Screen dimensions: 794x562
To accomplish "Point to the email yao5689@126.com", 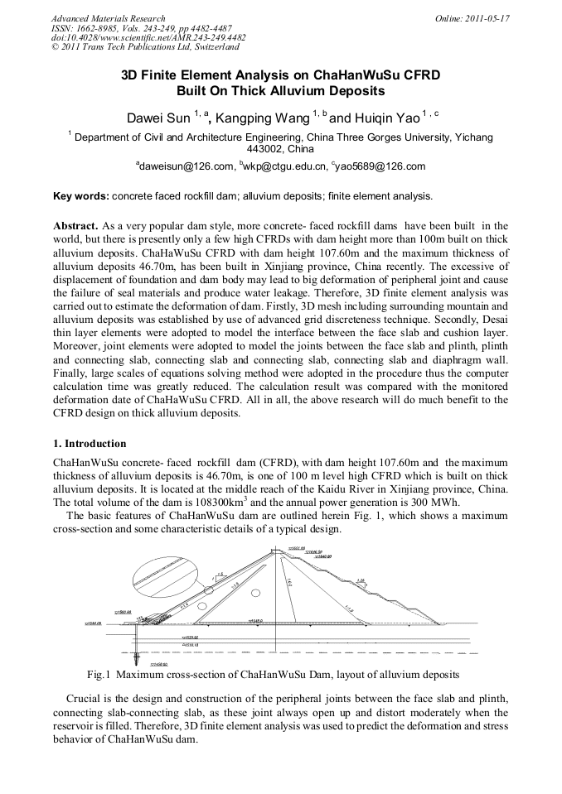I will tap(380, 166).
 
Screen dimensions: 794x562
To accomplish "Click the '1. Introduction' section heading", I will tap(90, 444).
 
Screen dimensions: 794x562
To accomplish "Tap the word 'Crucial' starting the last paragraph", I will tap(84, 698).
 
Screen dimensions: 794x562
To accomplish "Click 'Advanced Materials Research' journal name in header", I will tap(108, 18).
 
